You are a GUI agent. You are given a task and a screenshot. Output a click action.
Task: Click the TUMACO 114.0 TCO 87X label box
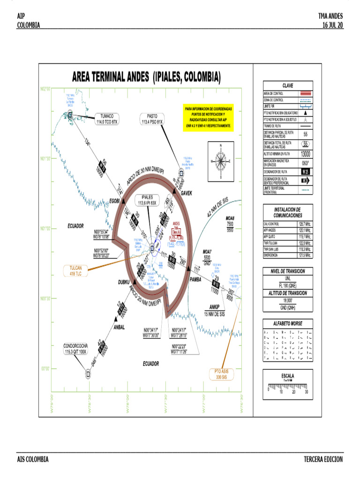[x=107, y=119]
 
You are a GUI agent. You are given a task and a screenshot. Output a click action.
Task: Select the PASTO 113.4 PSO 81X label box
[x=152, y=119]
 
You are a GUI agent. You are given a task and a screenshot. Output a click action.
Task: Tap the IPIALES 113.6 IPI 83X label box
[x=148, y=200]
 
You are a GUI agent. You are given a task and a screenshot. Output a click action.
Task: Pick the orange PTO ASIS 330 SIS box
[x=221, y=374]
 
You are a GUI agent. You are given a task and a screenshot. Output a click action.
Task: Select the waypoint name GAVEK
[x=183, y=193]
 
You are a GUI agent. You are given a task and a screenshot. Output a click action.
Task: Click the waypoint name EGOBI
[x=115, y=201]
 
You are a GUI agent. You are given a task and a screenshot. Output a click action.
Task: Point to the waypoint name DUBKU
[x=124, y=282]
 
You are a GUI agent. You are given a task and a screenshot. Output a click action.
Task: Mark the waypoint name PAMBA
[x=195, y=279]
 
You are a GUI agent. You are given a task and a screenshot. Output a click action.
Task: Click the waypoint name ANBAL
[x=119, y=327]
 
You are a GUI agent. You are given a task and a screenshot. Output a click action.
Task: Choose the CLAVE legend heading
[x=287, y=85]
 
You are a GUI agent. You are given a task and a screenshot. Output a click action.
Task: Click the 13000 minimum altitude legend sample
[x=305, y=154]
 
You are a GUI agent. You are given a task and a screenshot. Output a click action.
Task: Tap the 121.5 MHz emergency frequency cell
[x=305, y=255]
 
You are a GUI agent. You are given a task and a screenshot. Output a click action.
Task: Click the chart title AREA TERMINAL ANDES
[x=146, y=76]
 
